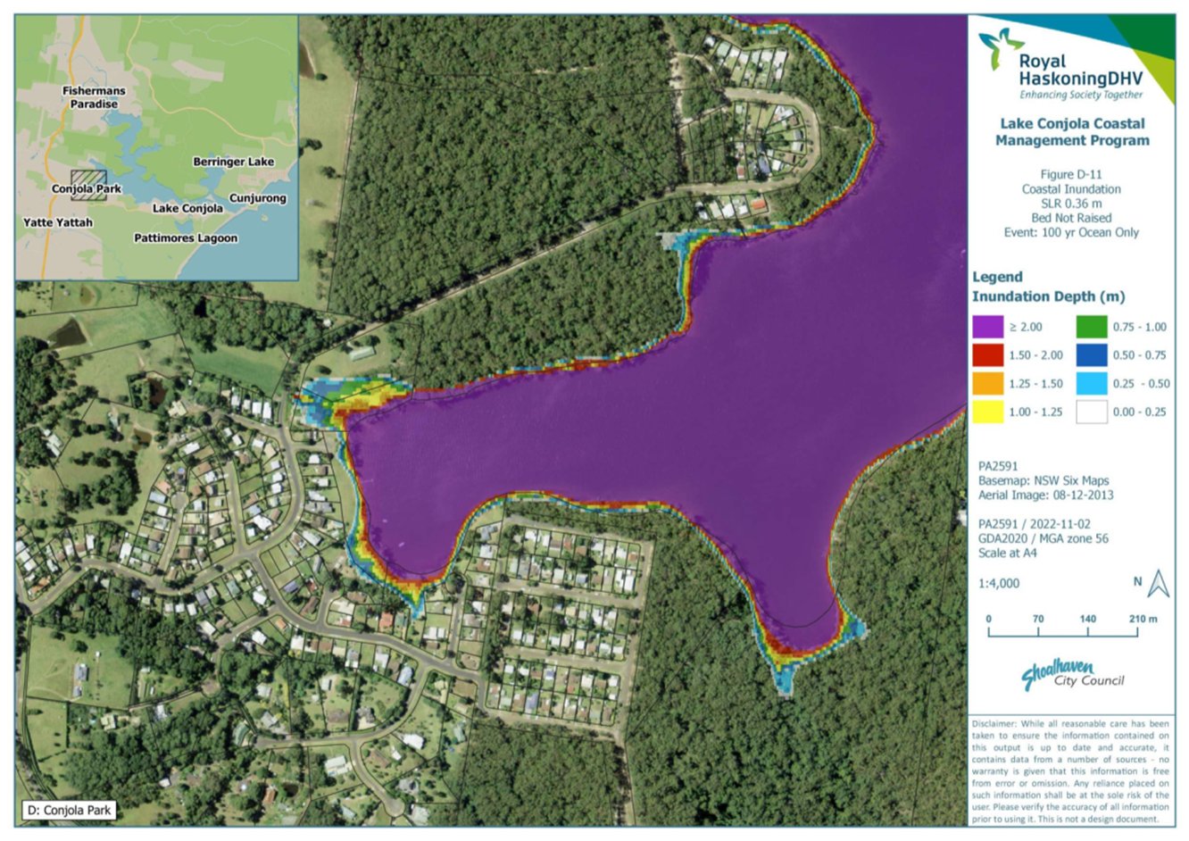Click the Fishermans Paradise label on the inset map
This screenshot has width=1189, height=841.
tap(94, 97)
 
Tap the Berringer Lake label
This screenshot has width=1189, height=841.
tap(233, 162)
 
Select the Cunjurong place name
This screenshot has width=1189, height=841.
tap(258, 198)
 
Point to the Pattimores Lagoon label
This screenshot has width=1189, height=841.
tap(186, 238)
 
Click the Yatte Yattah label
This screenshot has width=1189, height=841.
tap(58, 222)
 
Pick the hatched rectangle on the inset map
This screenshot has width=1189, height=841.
tap(88, 185)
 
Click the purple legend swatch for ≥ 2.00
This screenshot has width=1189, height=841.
tap(987, 327)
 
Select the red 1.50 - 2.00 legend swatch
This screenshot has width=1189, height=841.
tap(987, 355)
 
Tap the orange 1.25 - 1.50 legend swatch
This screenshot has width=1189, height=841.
tap(987, 384)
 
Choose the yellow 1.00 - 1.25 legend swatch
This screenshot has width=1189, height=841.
tap(987, 412)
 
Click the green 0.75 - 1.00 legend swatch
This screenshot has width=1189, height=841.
tap(1091, 327)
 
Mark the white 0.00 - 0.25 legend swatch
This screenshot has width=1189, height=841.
tap(1091, 412)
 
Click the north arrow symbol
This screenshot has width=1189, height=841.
tap(1158, 584)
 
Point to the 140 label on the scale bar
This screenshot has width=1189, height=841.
tap(1087, 619)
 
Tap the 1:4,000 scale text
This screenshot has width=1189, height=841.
tap(999, 583)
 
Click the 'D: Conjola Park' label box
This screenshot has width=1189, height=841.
tap(70, 811)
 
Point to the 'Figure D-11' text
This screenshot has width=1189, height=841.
tap(1071, 175)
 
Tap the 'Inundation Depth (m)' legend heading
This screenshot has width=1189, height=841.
tap(1048, 296)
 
